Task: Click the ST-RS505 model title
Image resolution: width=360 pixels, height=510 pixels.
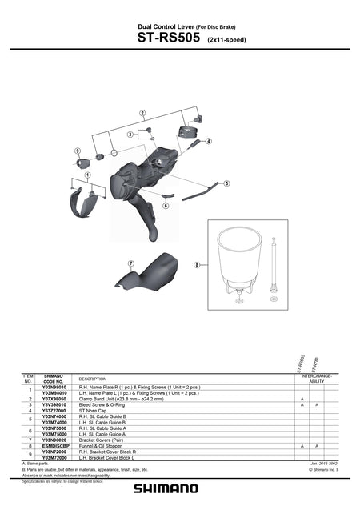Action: click(x=169, y=36)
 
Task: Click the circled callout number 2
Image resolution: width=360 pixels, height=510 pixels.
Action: click(x=142, y=113)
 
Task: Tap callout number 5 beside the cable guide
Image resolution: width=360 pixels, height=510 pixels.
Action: click(x=226, y=183)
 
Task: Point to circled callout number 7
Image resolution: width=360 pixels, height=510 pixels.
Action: click(x=130, y=263)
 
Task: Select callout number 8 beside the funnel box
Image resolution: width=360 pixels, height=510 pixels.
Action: click(x=196, y=263)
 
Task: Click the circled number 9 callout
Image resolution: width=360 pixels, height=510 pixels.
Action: click(x=78, y=151)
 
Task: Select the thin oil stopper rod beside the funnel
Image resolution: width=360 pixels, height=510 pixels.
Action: click(x=274, y=264)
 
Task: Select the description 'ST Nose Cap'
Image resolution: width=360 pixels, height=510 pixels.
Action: click(x=94, y=410)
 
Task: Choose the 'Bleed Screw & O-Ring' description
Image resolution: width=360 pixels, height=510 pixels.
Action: click(x=105, y=404)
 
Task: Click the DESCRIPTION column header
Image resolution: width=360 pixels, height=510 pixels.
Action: click(x=94, y=379)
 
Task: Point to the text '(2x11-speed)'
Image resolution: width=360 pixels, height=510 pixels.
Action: click(x=226, y=38)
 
